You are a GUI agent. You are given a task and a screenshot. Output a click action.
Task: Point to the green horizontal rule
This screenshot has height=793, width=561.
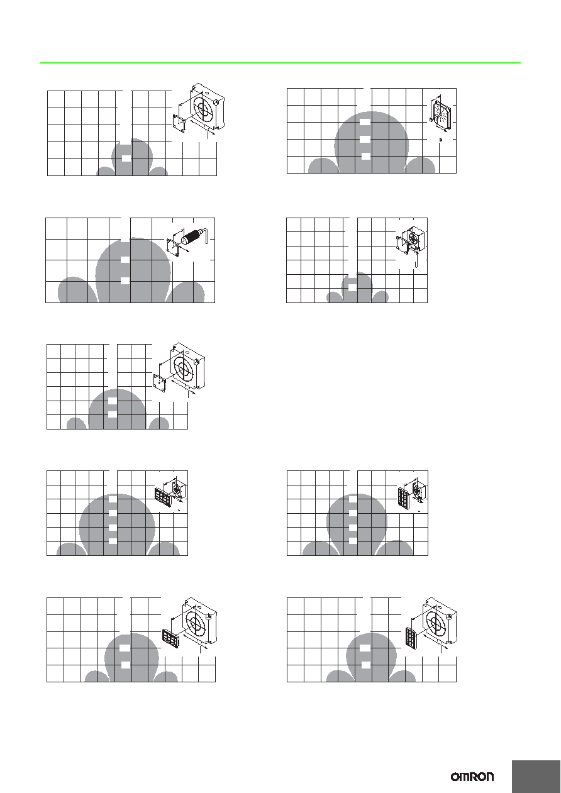click(280, 63)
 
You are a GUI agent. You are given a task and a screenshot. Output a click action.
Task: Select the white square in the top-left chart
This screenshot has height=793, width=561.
click(126, 158)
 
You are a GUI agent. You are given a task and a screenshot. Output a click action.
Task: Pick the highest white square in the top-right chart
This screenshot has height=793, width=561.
click(365, 122)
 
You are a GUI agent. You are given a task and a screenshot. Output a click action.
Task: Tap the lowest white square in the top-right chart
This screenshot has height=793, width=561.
click(365, 156)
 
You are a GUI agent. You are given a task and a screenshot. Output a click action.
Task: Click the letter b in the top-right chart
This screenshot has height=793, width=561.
click(440, 140)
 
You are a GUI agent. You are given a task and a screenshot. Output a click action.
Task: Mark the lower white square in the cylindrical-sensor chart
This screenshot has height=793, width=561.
click(125, 280)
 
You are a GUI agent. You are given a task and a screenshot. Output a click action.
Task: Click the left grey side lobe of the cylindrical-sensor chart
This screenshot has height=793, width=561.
click(77, 289)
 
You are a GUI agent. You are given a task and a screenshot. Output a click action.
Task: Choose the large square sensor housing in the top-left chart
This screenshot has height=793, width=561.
click(208, 106)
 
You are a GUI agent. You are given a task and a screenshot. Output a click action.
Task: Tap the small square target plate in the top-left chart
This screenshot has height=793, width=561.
click(179, 124)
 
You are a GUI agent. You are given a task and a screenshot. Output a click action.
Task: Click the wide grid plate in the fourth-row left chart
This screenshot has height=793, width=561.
click(163, 497)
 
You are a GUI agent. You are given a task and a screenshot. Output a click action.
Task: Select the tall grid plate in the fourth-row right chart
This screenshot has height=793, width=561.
click(404, 499)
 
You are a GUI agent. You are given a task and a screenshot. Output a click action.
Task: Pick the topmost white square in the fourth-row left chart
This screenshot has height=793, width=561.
click(112, 499)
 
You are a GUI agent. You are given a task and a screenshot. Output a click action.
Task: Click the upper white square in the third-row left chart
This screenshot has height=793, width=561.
click(112, 401)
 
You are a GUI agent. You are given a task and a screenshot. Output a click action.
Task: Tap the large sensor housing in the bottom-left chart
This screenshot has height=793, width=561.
click(199, 621)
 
